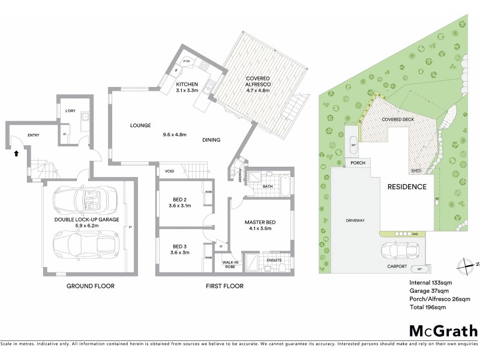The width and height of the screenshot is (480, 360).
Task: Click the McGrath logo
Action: [443, 331]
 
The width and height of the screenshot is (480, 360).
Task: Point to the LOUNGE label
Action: [140, 125]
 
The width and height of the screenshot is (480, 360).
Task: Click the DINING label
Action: [211, 140]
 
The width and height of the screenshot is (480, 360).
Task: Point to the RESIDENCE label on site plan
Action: [406, 187]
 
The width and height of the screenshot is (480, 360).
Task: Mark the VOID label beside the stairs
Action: [169, 172]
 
